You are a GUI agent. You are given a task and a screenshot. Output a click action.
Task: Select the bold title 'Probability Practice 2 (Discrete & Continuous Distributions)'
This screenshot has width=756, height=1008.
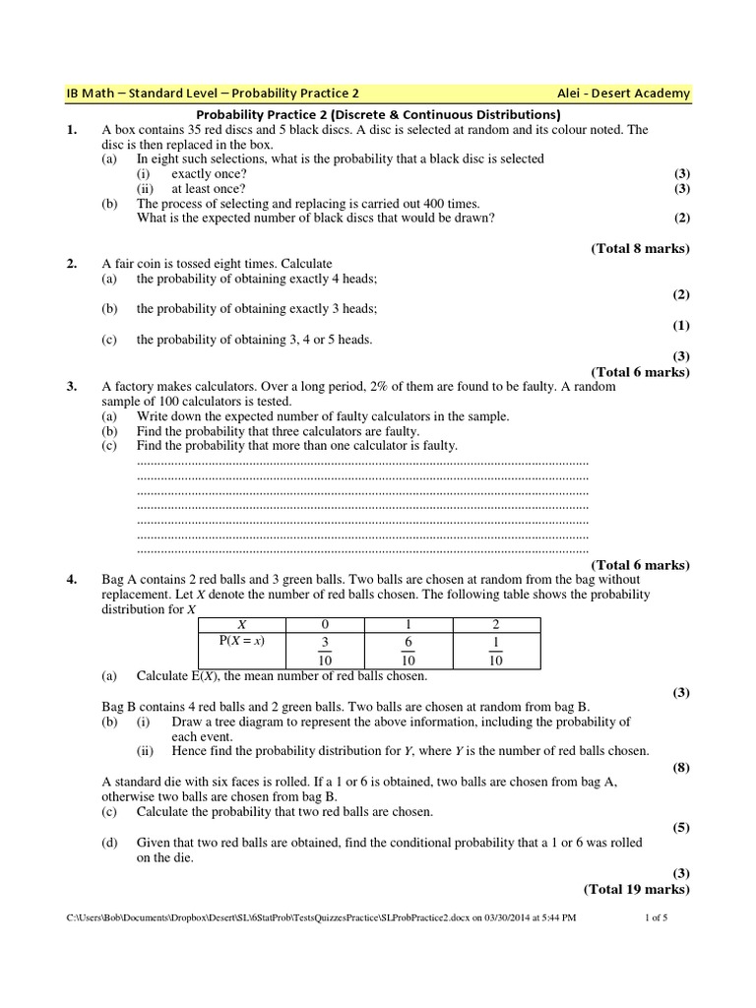(x=378, y=114)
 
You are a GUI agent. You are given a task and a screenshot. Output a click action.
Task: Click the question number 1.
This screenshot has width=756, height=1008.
(x=71, y=130)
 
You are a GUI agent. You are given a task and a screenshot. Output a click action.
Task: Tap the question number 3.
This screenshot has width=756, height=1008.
(x=71, y=387)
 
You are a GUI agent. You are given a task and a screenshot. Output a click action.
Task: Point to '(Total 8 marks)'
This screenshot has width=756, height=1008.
(x=640, y=248)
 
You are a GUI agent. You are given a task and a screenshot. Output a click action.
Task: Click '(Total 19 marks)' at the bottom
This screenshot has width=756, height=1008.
(x=637, y=889)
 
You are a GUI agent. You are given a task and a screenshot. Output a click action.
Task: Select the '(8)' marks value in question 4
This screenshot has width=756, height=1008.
(x=681, y=767)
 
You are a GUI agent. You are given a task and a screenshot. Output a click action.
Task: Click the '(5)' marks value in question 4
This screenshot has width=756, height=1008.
(x=681, y=828)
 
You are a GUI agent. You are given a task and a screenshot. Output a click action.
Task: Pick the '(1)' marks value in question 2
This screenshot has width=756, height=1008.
(x=681, y=325)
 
